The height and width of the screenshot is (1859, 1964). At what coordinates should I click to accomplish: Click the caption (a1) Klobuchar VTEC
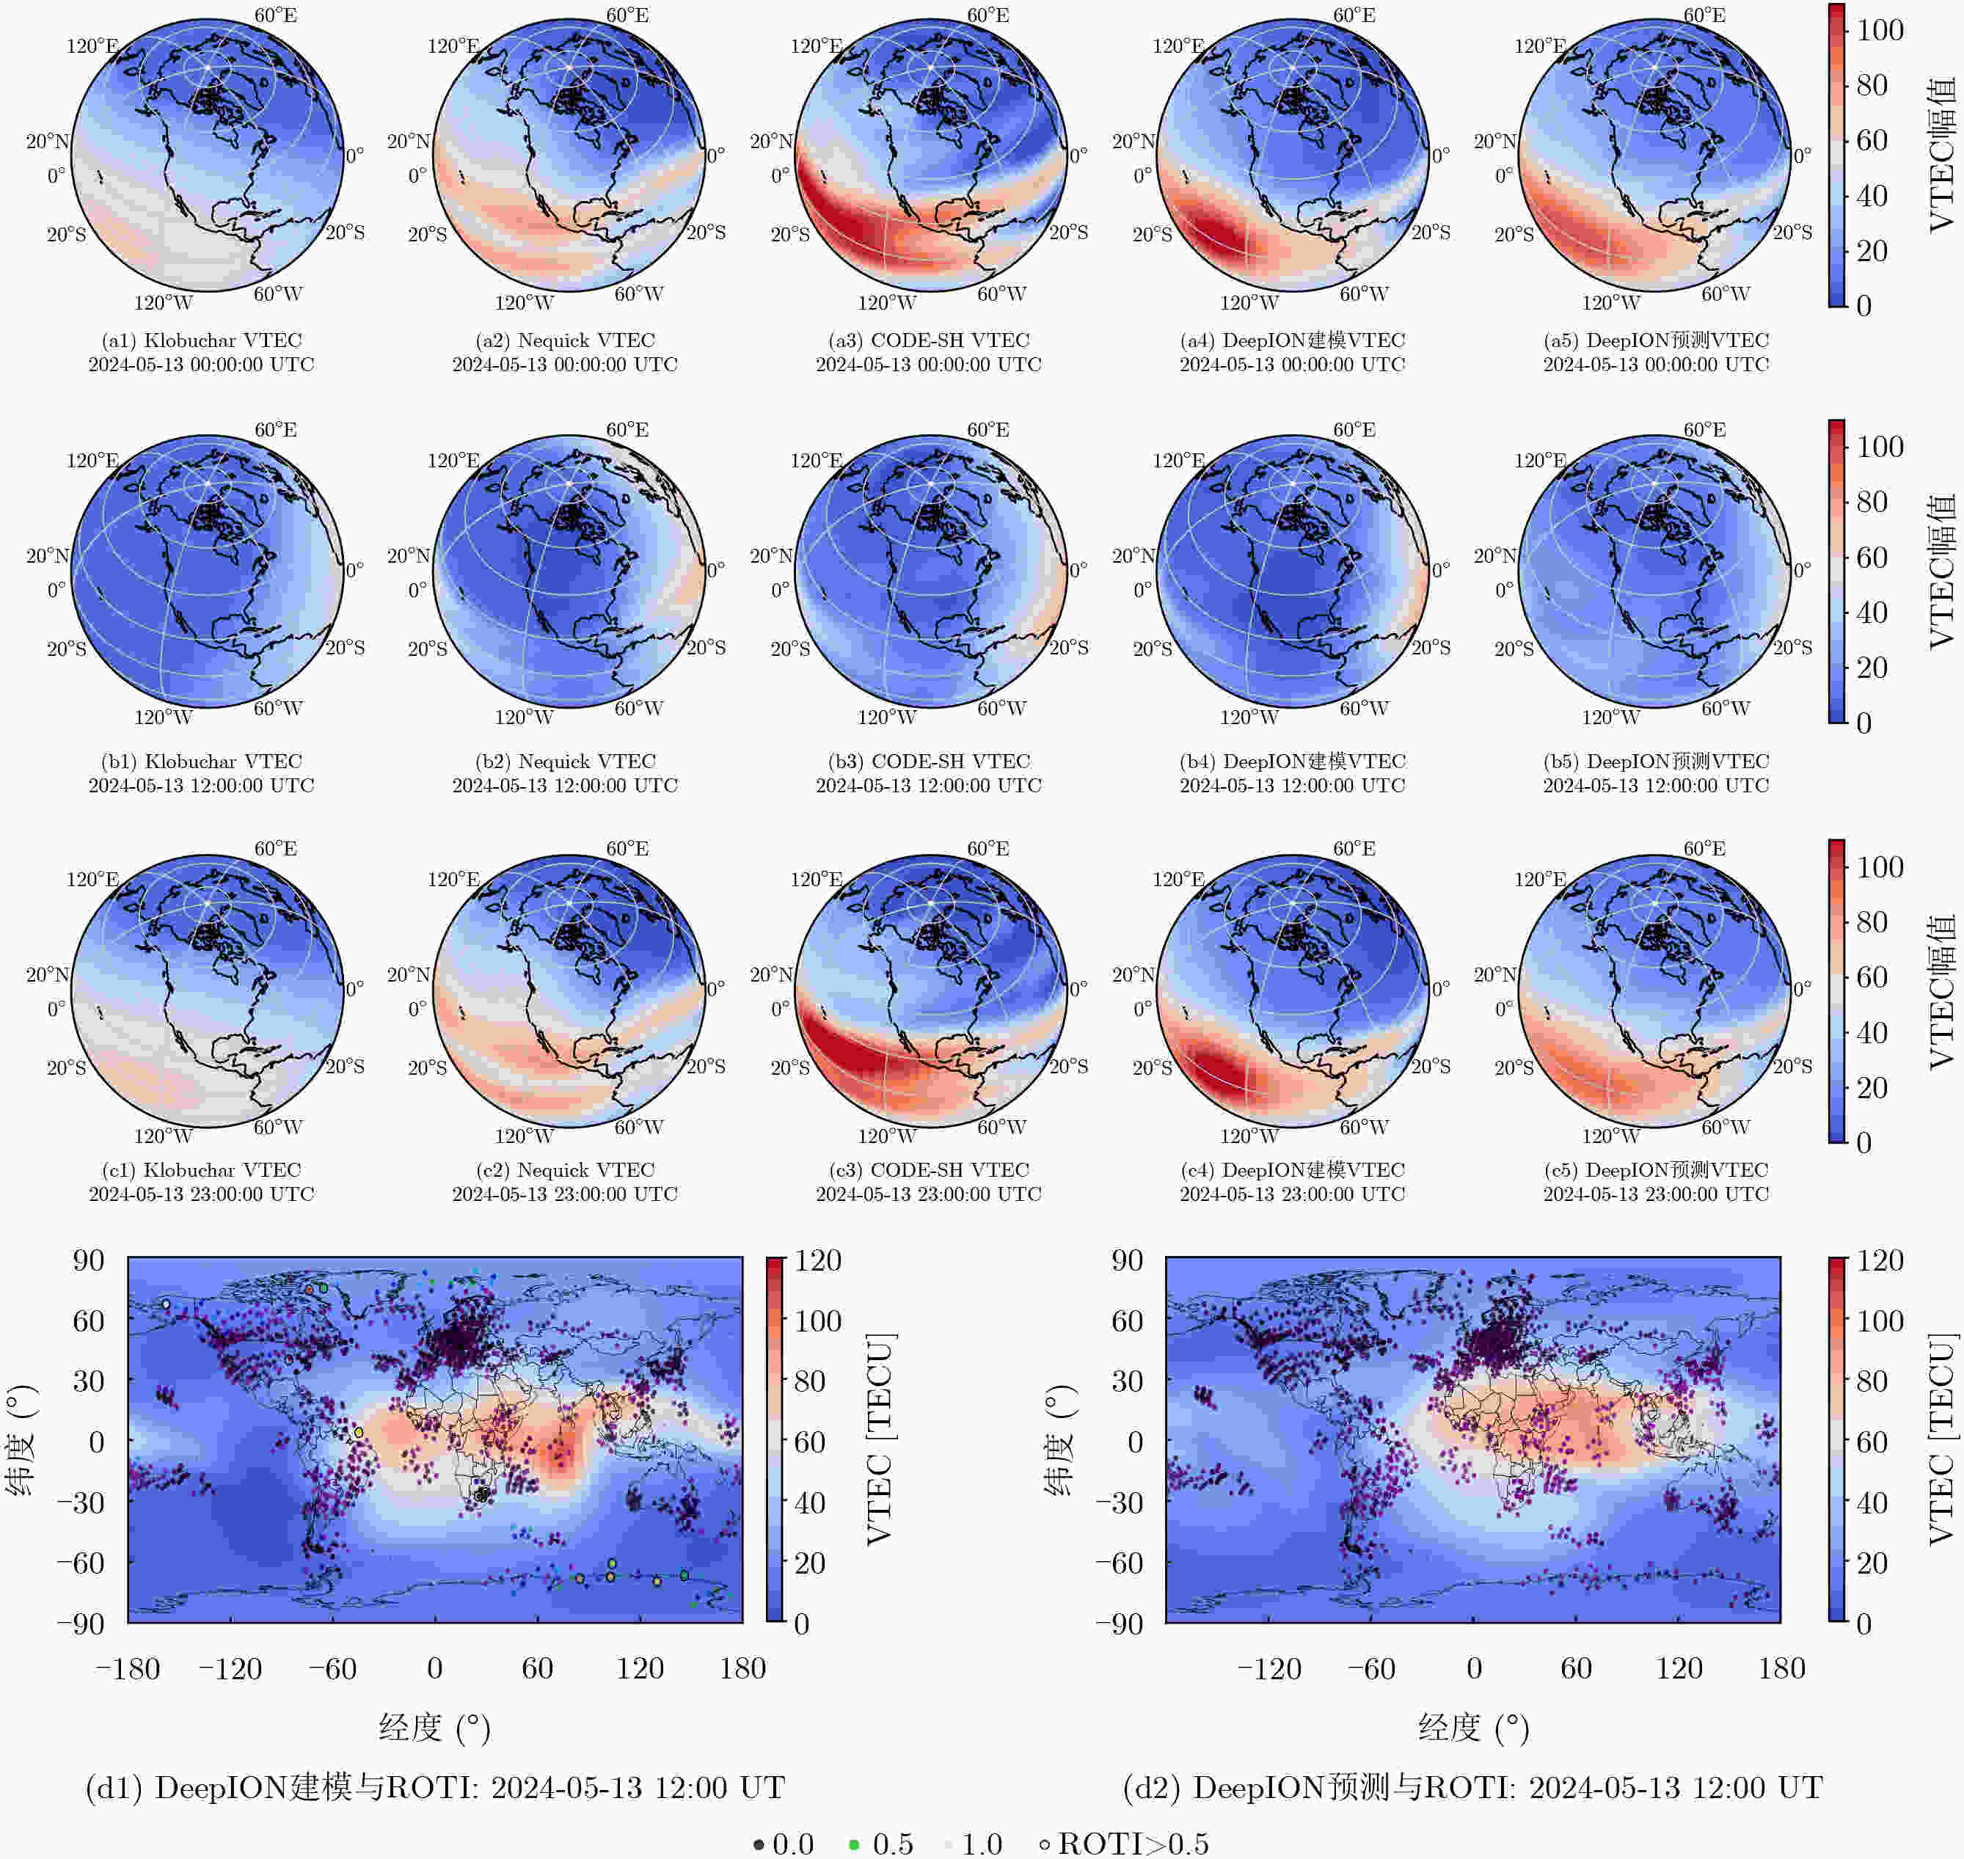coord(201,340)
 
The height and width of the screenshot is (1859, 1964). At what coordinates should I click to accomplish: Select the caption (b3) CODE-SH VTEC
coord(929,761)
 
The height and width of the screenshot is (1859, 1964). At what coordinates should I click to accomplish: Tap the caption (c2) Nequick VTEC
coord(565,1169)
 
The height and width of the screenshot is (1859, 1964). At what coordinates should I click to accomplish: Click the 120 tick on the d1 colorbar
coord(817,1260)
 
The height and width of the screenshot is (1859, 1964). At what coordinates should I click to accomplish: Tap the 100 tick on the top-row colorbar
coord(1880,30)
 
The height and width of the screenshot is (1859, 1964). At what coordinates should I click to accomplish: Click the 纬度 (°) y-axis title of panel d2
coord(1059,1440)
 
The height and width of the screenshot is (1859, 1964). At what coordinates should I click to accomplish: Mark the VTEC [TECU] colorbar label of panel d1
coord(880,1439)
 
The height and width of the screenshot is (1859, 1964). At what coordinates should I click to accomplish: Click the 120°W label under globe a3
coord(887,302)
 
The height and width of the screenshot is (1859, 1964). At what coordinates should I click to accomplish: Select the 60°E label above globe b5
coord(1704,429)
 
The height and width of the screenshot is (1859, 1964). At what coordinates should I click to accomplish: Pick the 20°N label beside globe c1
coord(48,974)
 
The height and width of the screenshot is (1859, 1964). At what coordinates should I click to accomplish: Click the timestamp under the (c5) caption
coord(1656,1194)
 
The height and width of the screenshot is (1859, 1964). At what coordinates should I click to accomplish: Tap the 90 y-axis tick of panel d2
coord(1127,1260)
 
